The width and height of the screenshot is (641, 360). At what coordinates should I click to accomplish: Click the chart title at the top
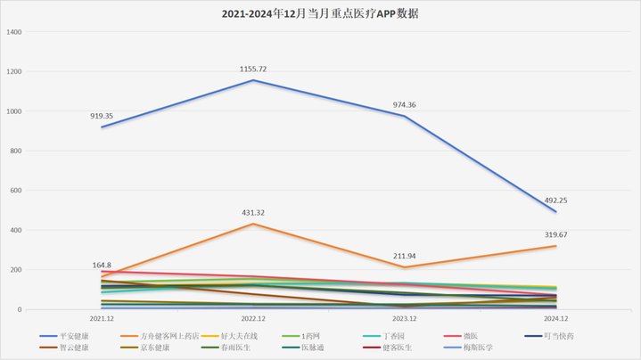tap(320, 15)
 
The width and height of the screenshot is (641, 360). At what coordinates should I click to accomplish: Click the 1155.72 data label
tap(253, 69)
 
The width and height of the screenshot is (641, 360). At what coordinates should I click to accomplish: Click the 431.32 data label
tap(253, 212)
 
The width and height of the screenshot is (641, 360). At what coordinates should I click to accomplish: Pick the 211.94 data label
tap(404, 256)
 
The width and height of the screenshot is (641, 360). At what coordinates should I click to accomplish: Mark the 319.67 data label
tap(555, 234)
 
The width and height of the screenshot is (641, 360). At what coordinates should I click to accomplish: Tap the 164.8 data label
tap(102, 265)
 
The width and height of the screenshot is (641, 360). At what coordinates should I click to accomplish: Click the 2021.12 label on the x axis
tap(102, 318)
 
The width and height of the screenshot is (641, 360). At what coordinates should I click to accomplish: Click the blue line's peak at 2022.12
tap(253, 80)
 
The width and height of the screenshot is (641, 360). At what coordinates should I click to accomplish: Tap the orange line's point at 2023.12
tap(404, 267)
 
